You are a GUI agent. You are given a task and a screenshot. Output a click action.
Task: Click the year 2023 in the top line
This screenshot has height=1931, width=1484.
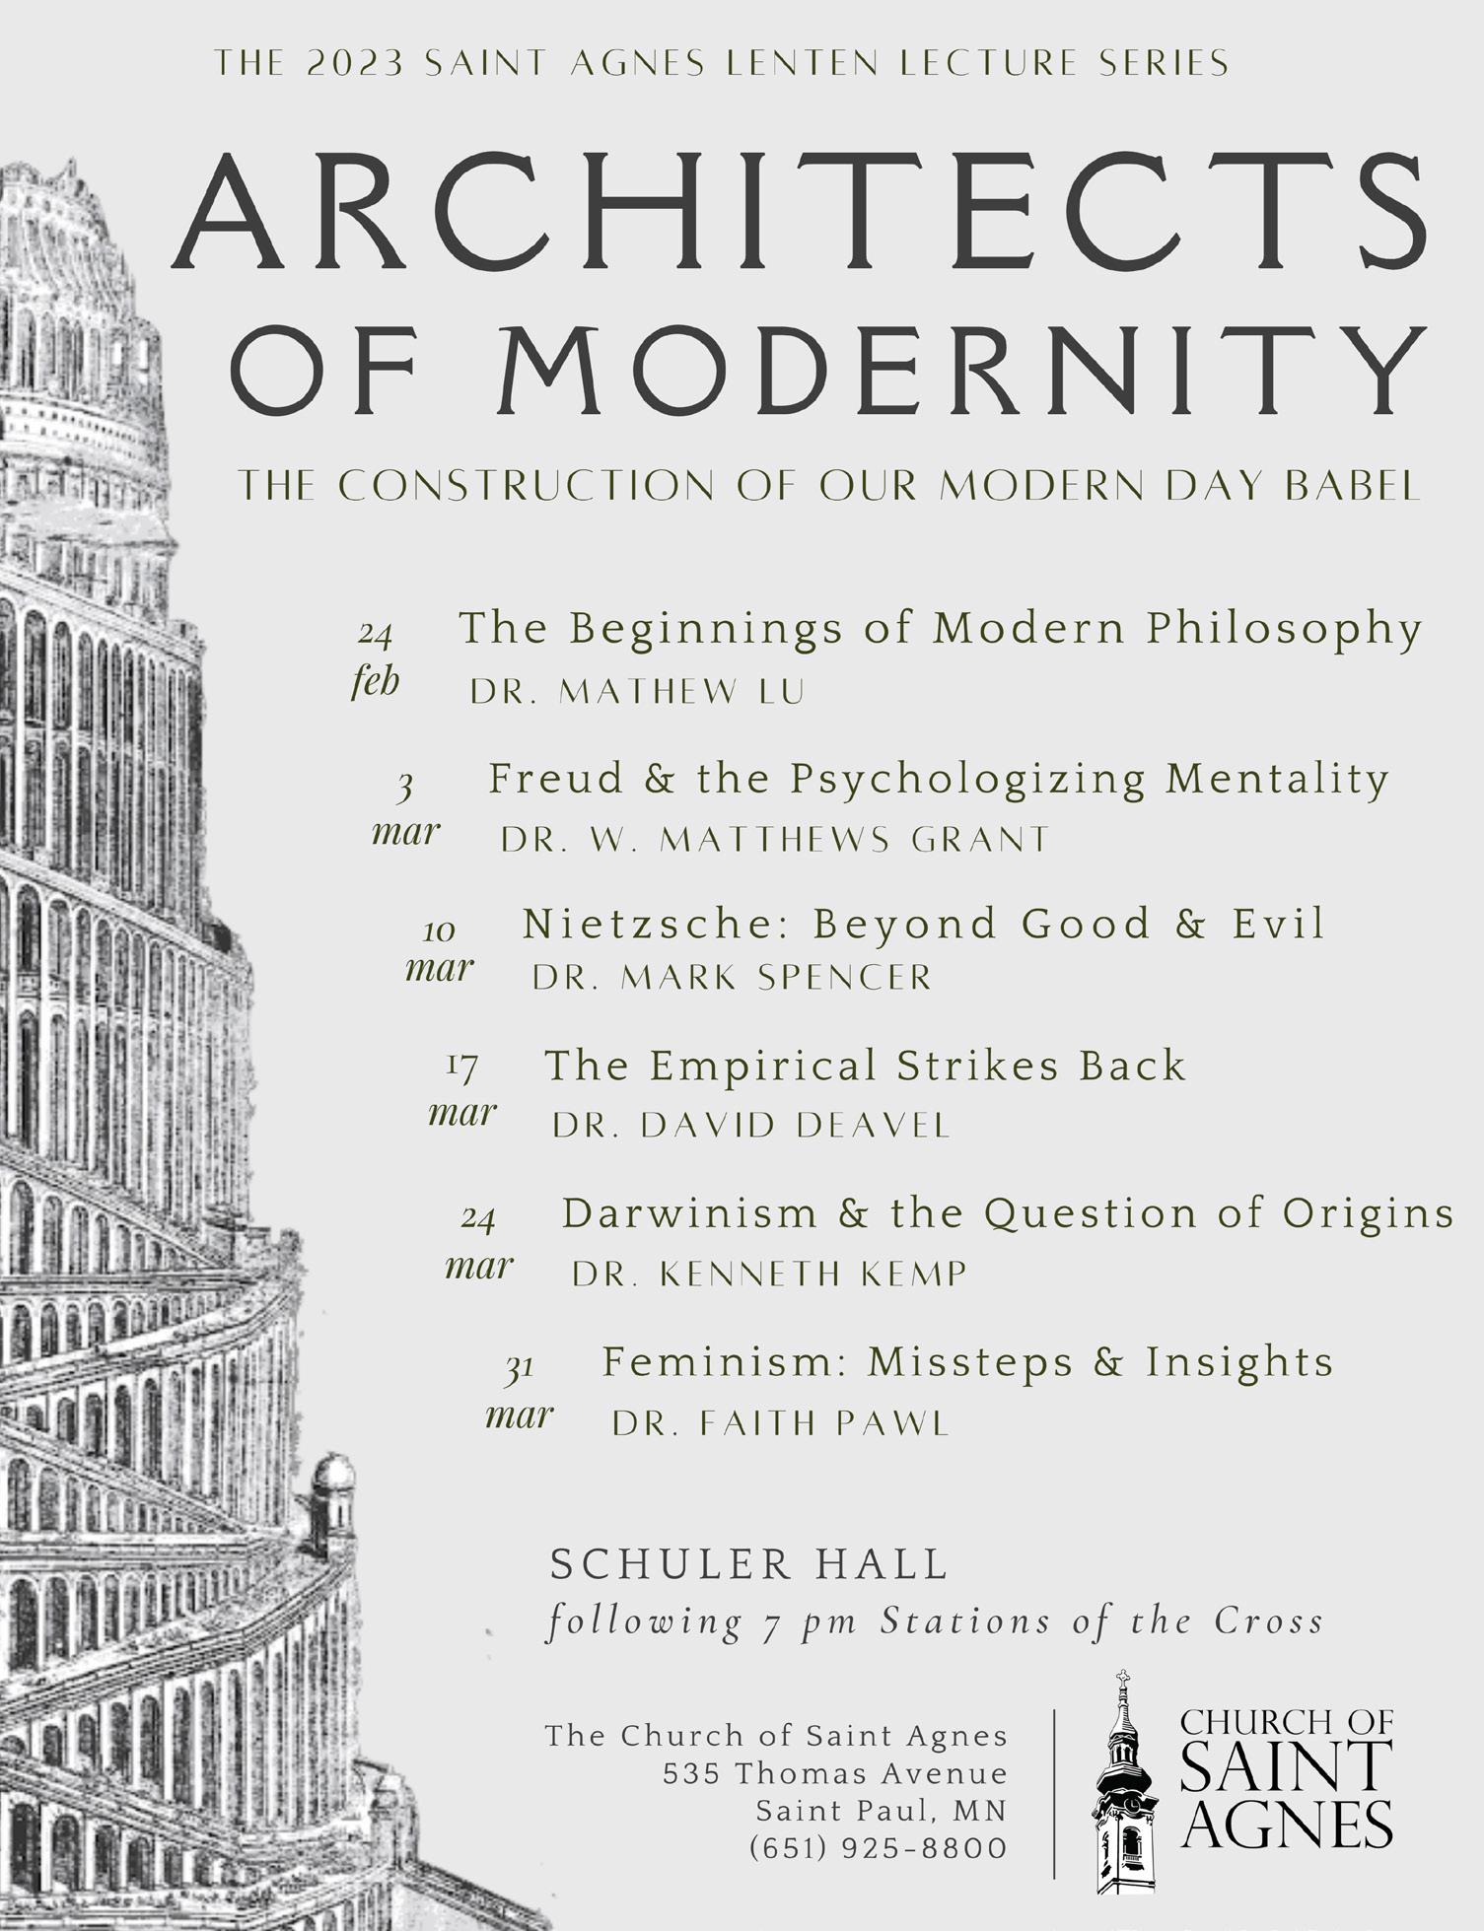(355, 64)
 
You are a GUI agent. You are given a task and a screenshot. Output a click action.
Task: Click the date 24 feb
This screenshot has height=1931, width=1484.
(376, 656)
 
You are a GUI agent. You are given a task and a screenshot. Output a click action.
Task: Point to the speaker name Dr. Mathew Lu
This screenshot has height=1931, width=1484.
(637, 692)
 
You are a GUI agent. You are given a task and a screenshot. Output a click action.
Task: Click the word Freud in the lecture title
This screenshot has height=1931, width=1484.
(556, 779)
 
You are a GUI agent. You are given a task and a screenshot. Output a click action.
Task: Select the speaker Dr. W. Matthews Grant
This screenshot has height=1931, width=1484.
(775, 840)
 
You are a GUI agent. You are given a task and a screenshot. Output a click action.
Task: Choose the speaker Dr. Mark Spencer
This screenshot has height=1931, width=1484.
(732, 978)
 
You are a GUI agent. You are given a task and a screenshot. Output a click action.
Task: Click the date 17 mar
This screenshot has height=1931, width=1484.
(462, 1090)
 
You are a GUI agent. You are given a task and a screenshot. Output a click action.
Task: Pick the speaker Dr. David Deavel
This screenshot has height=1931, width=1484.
(751, 1126)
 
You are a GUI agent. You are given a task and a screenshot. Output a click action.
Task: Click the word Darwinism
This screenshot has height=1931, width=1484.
(689, 1213)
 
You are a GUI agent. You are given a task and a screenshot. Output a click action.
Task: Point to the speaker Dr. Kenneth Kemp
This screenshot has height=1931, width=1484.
(769, 1275)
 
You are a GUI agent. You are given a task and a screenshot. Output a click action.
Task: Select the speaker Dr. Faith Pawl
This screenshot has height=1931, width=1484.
(780, 1423)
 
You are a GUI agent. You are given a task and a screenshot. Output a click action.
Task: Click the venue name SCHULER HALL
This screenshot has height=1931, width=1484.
(749, 1564)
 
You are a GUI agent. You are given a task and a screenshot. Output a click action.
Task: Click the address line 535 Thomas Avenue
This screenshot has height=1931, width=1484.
(835, 1774)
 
